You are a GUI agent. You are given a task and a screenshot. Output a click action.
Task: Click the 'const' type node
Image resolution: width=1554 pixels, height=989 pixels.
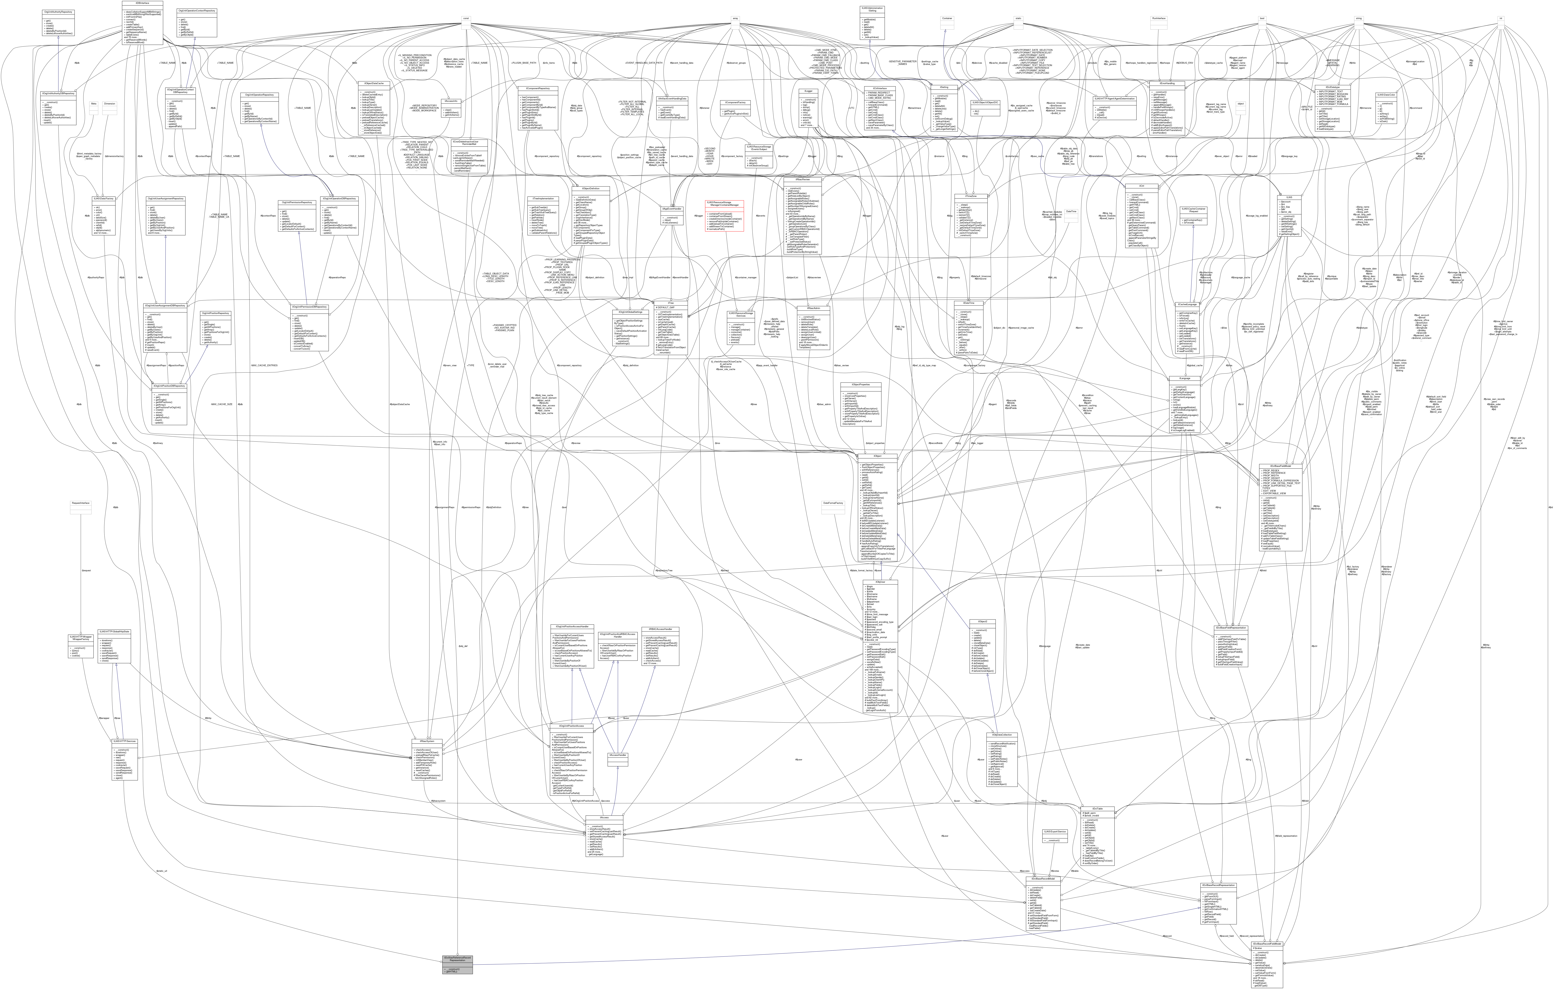point(465,18)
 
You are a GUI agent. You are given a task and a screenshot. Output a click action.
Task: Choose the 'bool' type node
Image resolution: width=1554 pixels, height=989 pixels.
point(1262,18)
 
